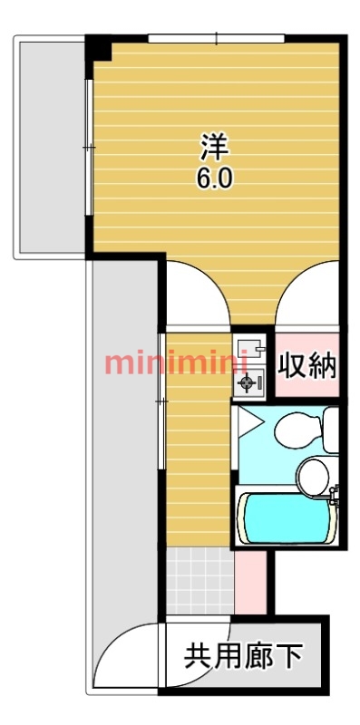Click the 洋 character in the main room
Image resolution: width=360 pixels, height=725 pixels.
coord(215,147)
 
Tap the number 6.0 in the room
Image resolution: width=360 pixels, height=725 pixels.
coord(214,179)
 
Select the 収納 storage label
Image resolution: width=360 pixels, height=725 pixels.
coord(307,365)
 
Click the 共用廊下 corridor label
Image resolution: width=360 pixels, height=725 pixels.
coord(243,655)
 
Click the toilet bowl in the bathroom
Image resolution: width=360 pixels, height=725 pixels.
coord(297,430)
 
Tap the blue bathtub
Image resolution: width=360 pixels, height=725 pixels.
coord(287,517)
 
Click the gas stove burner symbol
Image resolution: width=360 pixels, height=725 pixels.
coord(246,382)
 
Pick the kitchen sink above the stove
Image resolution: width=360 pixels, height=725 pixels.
coord(250,349)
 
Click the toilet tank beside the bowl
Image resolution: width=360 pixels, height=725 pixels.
coord(331,430)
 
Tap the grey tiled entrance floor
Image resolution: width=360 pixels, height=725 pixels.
coord(199,581)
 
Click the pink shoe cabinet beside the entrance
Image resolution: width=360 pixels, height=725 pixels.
coord(250,582)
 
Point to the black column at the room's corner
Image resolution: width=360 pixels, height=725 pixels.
coord(98,48)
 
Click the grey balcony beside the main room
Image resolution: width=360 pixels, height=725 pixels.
coord(52,148)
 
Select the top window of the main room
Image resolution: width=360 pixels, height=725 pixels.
coord(216,38)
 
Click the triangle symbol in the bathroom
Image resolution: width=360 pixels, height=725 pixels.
coord(250,421)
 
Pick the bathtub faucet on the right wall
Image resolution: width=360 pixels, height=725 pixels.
coord(334,496)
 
